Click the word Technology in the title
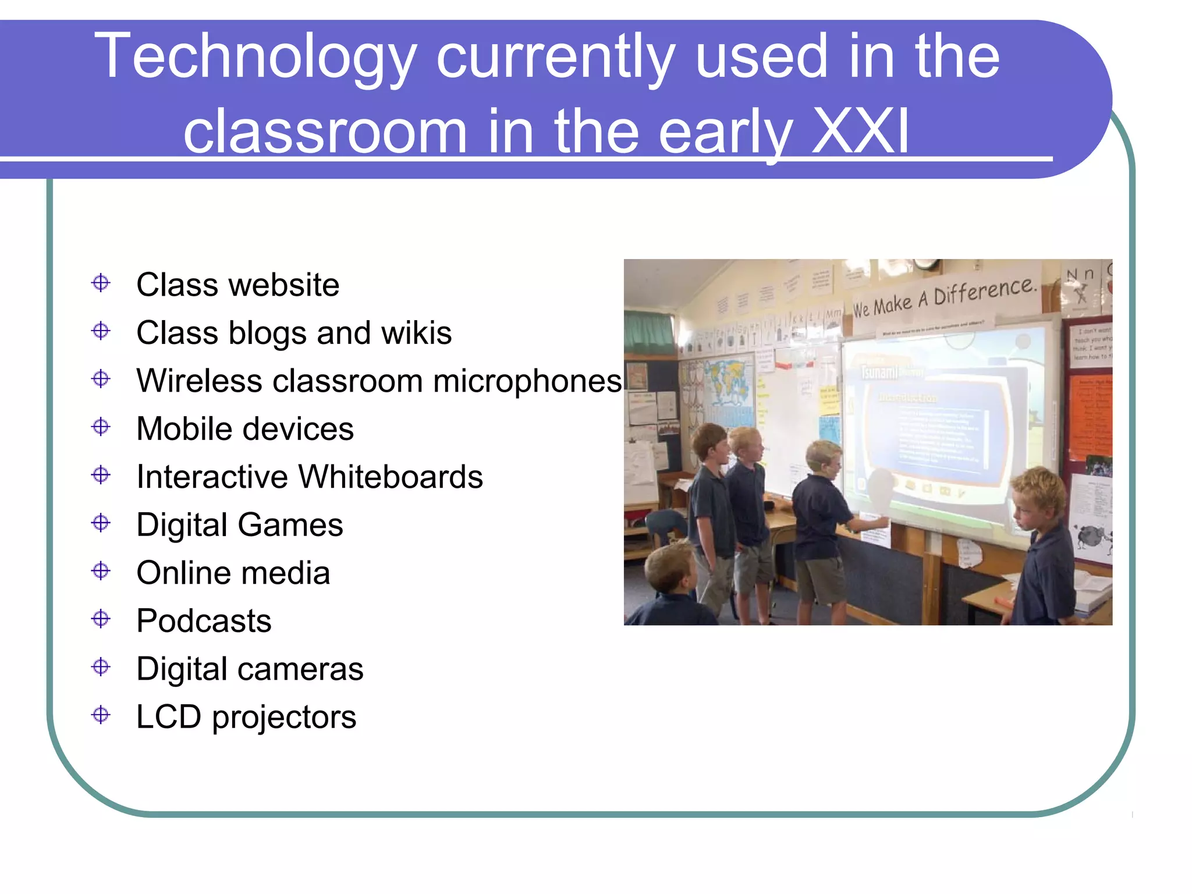pos(256,57)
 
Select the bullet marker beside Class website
pos(101,283)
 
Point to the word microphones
pos(527,381)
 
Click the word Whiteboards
pos(391,477)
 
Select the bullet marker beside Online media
pos(101,571)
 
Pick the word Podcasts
pos(204,621)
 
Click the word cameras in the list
pos(306,669)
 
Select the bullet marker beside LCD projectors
pos(101,715)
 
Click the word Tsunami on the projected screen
pos(879,371)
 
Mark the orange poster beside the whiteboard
pos(1090,416)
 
